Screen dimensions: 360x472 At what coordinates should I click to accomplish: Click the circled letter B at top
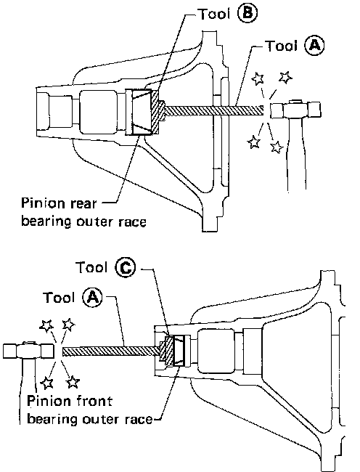click(247, 14)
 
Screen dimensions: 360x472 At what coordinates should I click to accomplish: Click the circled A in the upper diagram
click(314, 46)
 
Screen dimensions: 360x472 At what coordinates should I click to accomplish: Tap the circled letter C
click(126, 267)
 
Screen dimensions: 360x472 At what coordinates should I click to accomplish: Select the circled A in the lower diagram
click(92, 298)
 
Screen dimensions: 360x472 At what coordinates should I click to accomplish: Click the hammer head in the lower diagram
click(28, 351)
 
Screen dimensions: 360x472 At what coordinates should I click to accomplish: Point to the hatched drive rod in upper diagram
click(214, 110)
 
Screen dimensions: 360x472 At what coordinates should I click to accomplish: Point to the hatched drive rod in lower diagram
click(111, 351)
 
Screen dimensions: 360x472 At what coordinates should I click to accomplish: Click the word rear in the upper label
click(83, 204)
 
